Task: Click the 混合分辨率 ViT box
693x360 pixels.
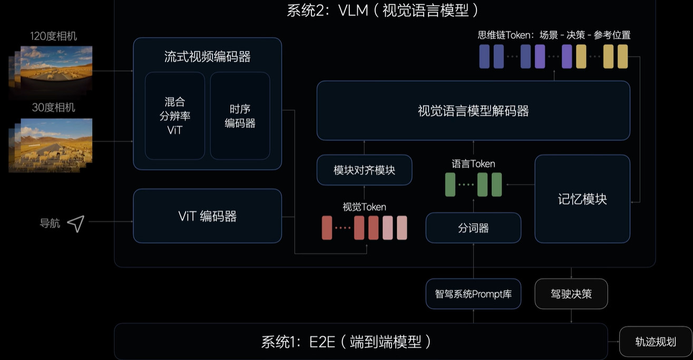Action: tap(174, 115)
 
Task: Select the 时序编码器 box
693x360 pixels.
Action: tap(240, 115)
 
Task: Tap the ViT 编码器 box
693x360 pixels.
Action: tap(207, 216)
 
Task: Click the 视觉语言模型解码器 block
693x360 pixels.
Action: tap(473, 111)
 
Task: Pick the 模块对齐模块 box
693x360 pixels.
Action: tap(364, 170)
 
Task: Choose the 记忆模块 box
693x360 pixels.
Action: tap(582, 198)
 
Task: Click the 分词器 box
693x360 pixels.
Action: tap(473, 228)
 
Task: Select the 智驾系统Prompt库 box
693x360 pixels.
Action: tap(473, 294)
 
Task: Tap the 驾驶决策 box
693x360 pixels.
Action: tap(571, 294)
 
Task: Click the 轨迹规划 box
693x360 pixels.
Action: tap(655, 342)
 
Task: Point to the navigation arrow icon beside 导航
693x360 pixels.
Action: tap(76, 223)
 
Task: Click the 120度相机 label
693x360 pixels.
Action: tap(53, 36)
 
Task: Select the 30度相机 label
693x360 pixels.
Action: tap(53, 108)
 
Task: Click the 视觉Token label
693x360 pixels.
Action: tap(364, 207)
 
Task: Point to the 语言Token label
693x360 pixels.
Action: tap(473, 164)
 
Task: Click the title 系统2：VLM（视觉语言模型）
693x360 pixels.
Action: tap(383, 10)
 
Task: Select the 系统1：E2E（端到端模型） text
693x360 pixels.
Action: tap(346, 342)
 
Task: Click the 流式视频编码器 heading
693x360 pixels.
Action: tap(207, 57)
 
